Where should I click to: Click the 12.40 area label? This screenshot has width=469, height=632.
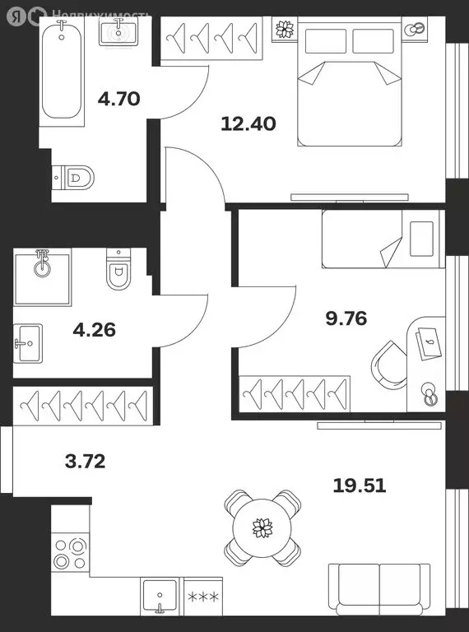(x=248, y=123)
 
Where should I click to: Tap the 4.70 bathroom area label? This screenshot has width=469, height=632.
(x=118, y=99)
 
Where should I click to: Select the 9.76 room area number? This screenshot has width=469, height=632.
(x=346, y=318)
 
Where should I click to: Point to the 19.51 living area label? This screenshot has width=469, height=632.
(x=360, y=486)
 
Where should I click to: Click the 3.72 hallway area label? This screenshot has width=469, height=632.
(x=85, y=461)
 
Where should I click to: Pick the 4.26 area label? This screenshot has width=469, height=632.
(x=95, y=330)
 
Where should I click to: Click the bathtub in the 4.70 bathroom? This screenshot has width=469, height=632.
(x=62, y=72)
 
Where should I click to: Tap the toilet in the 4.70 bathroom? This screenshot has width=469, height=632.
(x=73, y=177)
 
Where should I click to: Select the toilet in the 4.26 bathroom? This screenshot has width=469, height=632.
(x=118, y=269)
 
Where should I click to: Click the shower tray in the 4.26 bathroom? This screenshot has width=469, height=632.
(x=43, y=277)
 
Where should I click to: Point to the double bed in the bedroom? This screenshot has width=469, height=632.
(x=350, y=81)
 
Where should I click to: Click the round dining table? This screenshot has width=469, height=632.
(x=262, y=527)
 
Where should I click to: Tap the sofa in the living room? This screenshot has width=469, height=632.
(x=379, y=589)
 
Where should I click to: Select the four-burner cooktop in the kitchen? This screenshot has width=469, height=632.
(x=70, y=554)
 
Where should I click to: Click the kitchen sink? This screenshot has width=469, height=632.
(x=160, y=596)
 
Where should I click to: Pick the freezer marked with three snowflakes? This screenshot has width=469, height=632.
(x=203, y=596)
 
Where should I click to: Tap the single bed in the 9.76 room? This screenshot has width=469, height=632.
(x=383, y=239)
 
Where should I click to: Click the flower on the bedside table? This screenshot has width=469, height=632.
(x=285, y=29)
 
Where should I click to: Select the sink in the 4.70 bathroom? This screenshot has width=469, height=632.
(x=118, y=31)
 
